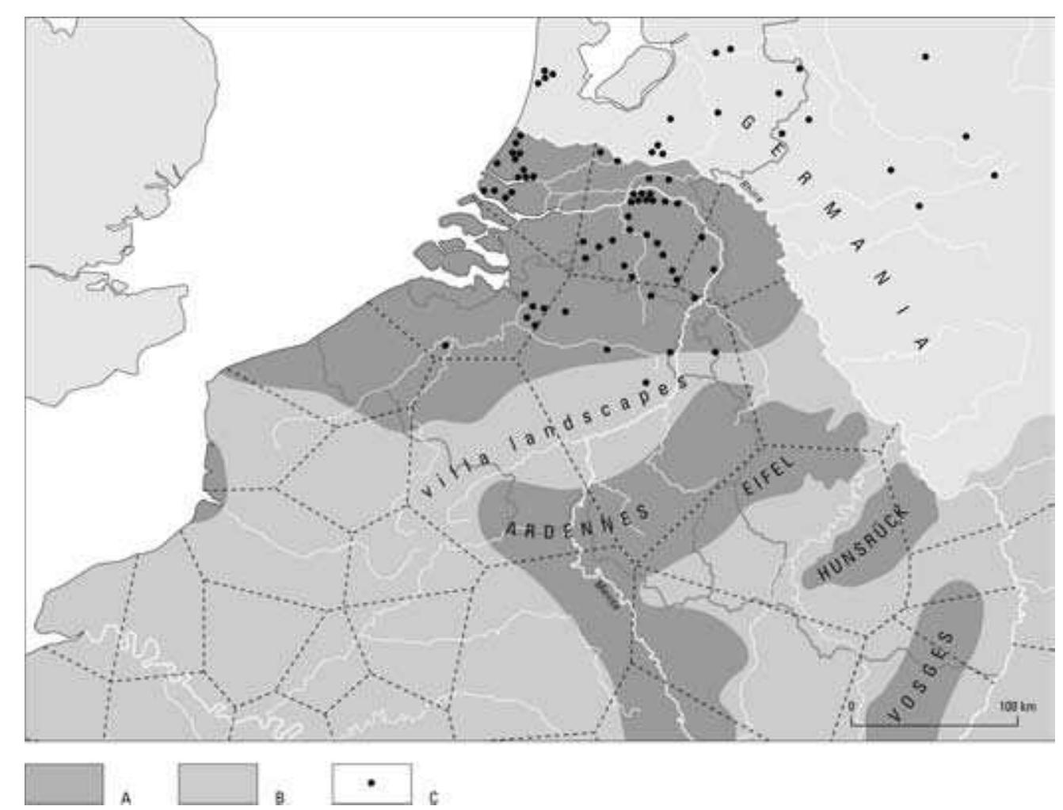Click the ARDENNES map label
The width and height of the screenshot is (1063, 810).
(577, 522)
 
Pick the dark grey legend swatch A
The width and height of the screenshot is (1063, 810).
(64, 784)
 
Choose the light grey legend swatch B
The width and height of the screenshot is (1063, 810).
(218, 784)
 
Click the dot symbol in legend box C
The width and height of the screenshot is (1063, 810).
(371, 782)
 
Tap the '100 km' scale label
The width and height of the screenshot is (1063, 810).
(1017, 705)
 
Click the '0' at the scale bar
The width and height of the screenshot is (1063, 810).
(852, 706)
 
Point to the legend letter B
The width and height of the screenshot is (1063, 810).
(279, 798)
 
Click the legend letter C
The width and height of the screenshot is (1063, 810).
(432, 798)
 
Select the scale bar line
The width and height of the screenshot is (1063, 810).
(935, 723)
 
